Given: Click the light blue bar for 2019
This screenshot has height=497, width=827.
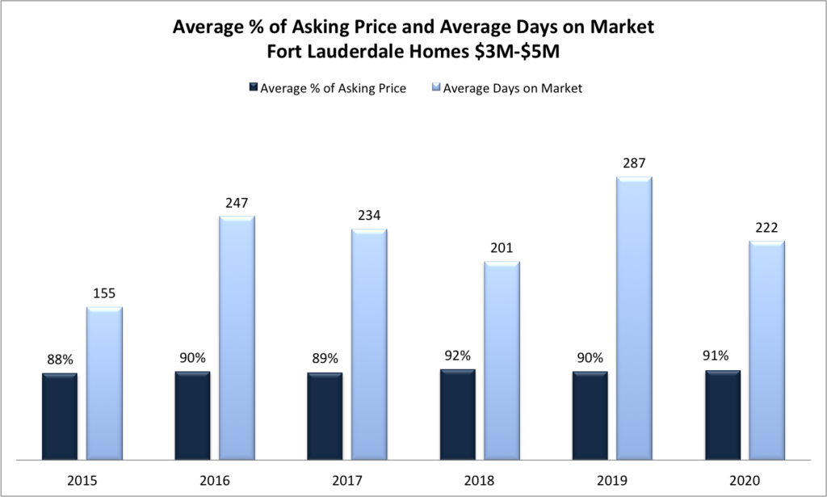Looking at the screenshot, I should click(634, 318).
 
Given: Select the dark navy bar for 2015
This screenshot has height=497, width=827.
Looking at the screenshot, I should click(60, 415).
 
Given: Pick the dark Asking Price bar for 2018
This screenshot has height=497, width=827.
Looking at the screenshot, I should click(457, 414).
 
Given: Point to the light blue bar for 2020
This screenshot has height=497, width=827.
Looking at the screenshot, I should click(766, 349).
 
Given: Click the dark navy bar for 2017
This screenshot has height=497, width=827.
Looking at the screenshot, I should click(325, 415).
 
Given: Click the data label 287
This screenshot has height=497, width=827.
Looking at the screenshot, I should click(634, 162).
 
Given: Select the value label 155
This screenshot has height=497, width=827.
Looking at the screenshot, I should click(104, 293).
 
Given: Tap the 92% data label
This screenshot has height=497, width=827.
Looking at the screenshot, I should click(457, 355).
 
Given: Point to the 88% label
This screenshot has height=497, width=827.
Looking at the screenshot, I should click(60, 358).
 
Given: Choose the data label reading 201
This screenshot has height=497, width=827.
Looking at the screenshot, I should click(502, 247).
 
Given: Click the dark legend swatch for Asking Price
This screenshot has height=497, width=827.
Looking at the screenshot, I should click(253, 88).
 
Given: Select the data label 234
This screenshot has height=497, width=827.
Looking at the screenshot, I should click(369, 215).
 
